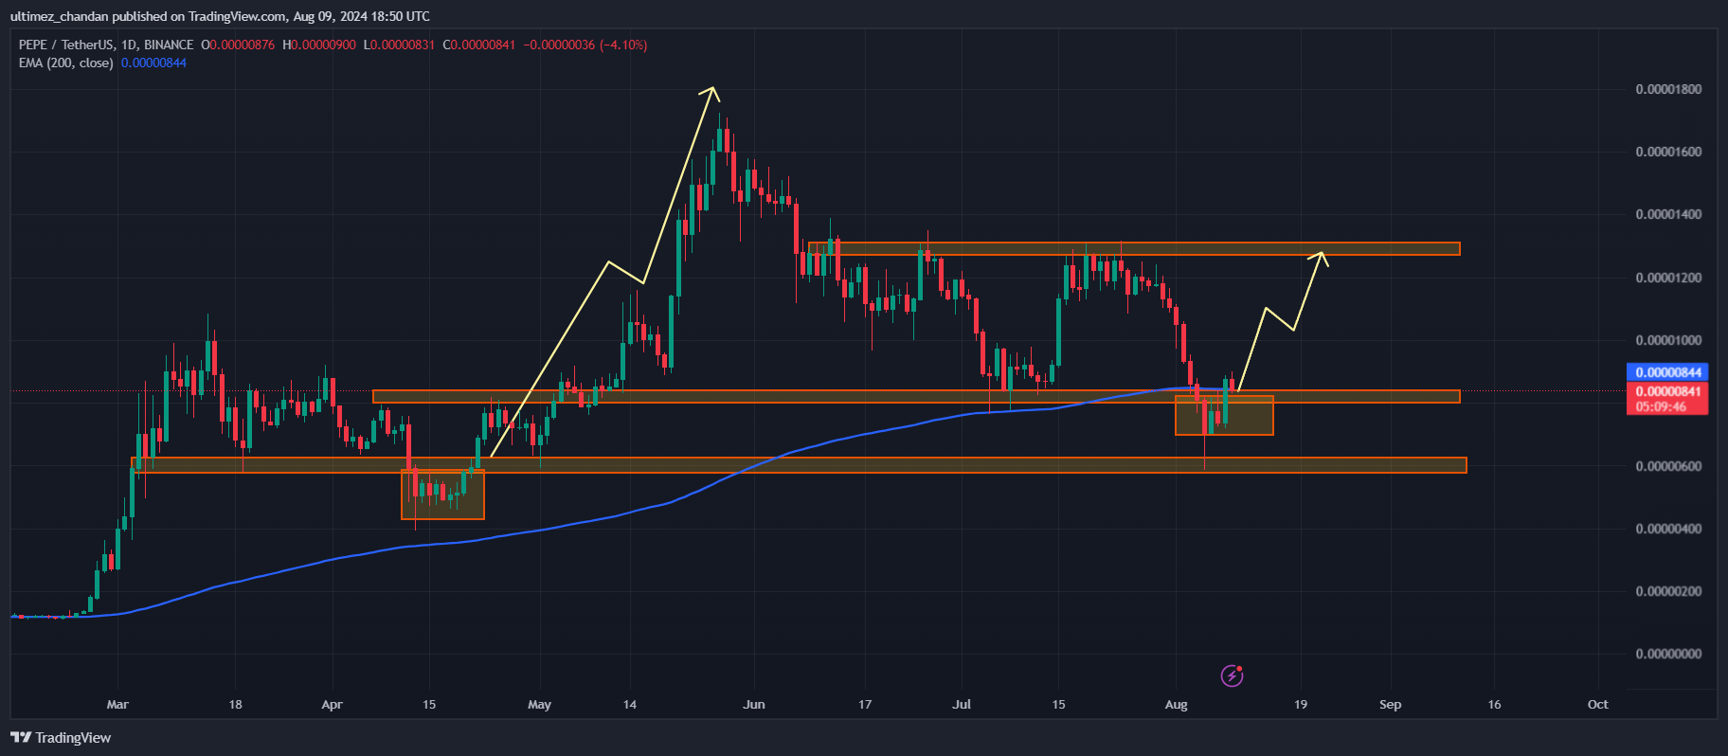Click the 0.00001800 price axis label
1668,89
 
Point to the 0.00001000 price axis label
1668,340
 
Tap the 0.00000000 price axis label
1668,654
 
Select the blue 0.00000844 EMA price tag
1667,372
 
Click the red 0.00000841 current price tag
1667,391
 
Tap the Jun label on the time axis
754,704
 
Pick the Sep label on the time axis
1390,704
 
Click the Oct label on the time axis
1597,704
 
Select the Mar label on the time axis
117,704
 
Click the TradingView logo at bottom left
62,737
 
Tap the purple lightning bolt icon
1232,675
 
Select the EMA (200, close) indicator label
66,63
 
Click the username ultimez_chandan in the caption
60,16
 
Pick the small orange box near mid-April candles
442,495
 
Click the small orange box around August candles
1224,415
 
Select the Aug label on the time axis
1176,704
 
